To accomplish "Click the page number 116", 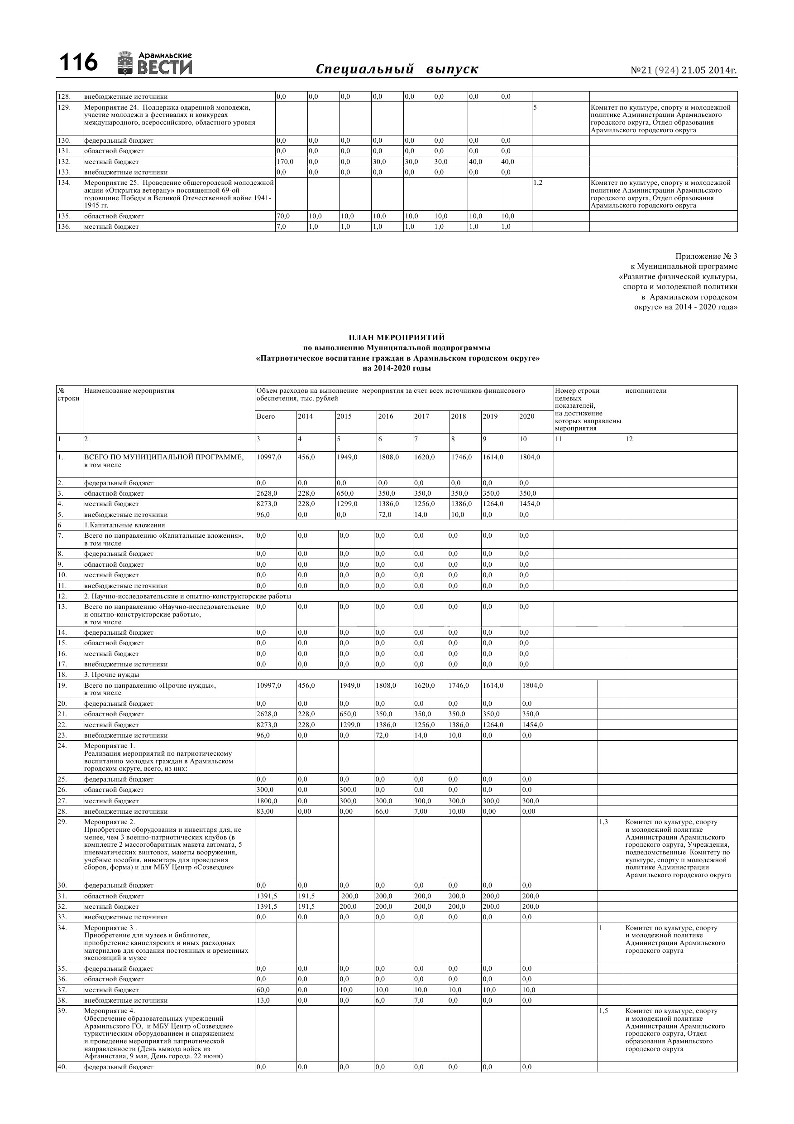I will click(x=78, y=63).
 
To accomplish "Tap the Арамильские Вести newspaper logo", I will click(x=155, y=63).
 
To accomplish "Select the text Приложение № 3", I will click(x=706, y=256).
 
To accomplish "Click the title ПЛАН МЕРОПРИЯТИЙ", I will click(x=397, y=338).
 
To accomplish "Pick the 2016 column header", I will click(x=386, y=417).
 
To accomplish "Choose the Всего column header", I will click(x=266, y=417).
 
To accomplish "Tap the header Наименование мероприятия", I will click(x=129, y=391).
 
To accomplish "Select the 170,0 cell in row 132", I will click(x=285, y=162).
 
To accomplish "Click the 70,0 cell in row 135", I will click(x=283, y=216).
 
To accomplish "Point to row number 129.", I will click(x=64, y=107).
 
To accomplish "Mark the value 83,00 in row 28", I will click(x=267, y=811).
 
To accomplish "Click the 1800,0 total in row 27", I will click(x=267, y=801).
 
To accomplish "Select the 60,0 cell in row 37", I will click(x=263, y=990).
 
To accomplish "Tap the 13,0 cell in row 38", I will click(x=263, y=1001).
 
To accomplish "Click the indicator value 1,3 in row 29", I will click(x=604, y=822).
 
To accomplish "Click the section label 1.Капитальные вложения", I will click(x=124, y=525).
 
